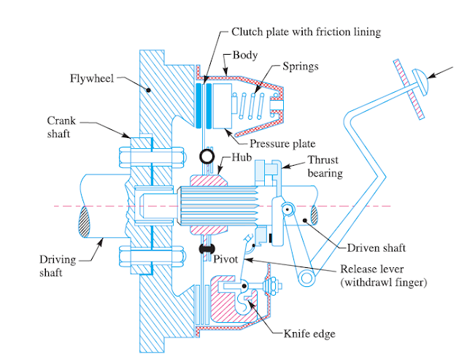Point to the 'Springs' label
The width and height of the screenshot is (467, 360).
click(x=301, y=66)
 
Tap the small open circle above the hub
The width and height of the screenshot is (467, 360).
click(x=207, y=156)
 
